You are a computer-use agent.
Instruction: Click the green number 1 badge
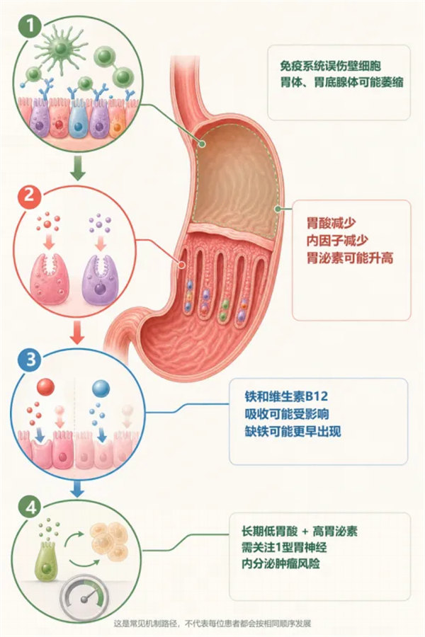coord(30,27)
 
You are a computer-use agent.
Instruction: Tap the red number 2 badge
coord(30,196)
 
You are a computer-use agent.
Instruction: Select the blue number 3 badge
coord(30,359)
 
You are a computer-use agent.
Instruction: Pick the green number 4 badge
coord(30,507)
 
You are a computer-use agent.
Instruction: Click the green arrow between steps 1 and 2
coord(78,170)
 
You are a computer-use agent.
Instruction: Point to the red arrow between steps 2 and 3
coord(77,333)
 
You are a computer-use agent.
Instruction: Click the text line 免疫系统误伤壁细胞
coord(330,65)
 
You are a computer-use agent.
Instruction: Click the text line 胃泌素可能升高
coord(350,258)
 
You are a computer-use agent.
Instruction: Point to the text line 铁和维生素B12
coord(286,396)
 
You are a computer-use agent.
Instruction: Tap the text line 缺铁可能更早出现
coord(293,431)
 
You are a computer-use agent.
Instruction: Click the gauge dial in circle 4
coord(84,597)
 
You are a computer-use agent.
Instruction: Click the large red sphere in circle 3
coord(45,387)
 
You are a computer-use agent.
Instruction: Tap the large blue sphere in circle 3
coord(101,389)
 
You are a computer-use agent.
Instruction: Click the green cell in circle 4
coord(46,562)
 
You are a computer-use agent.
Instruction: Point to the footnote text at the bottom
coord(212,623)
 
